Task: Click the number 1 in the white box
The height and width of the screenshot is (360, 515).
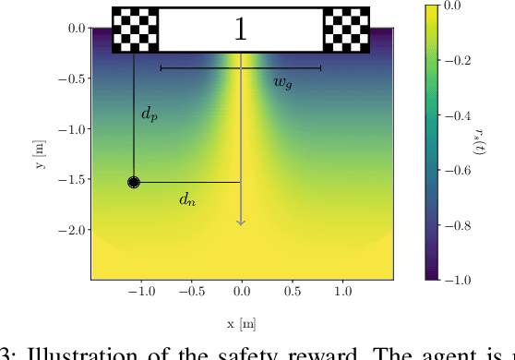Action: click(240, 30)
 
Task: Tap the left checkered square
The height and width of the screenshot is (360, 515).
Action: click(135, 30)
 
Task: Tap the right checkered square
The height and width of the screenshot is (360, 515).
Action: click(346, 30)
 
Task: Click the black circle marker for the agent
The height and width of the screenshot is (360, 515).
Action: click(134, 183)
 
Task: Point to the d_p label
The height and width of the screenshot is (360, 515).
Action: click(149, 114)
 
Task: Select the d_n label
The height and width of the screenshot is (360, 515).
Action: click(187, 198)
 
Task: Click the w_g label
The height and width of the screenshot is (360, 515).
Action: click(283, 82)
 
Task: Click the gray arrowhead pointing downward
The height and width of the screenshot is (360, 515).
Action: click(241, 221)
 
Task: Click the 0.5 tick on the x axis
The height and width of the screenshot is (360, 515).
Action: click(292, 290)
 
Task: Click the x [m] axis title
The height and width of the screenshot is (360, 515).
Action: click(241, 324)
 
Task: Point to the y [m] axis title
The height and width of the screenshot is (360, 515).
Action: click(39, 153)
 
